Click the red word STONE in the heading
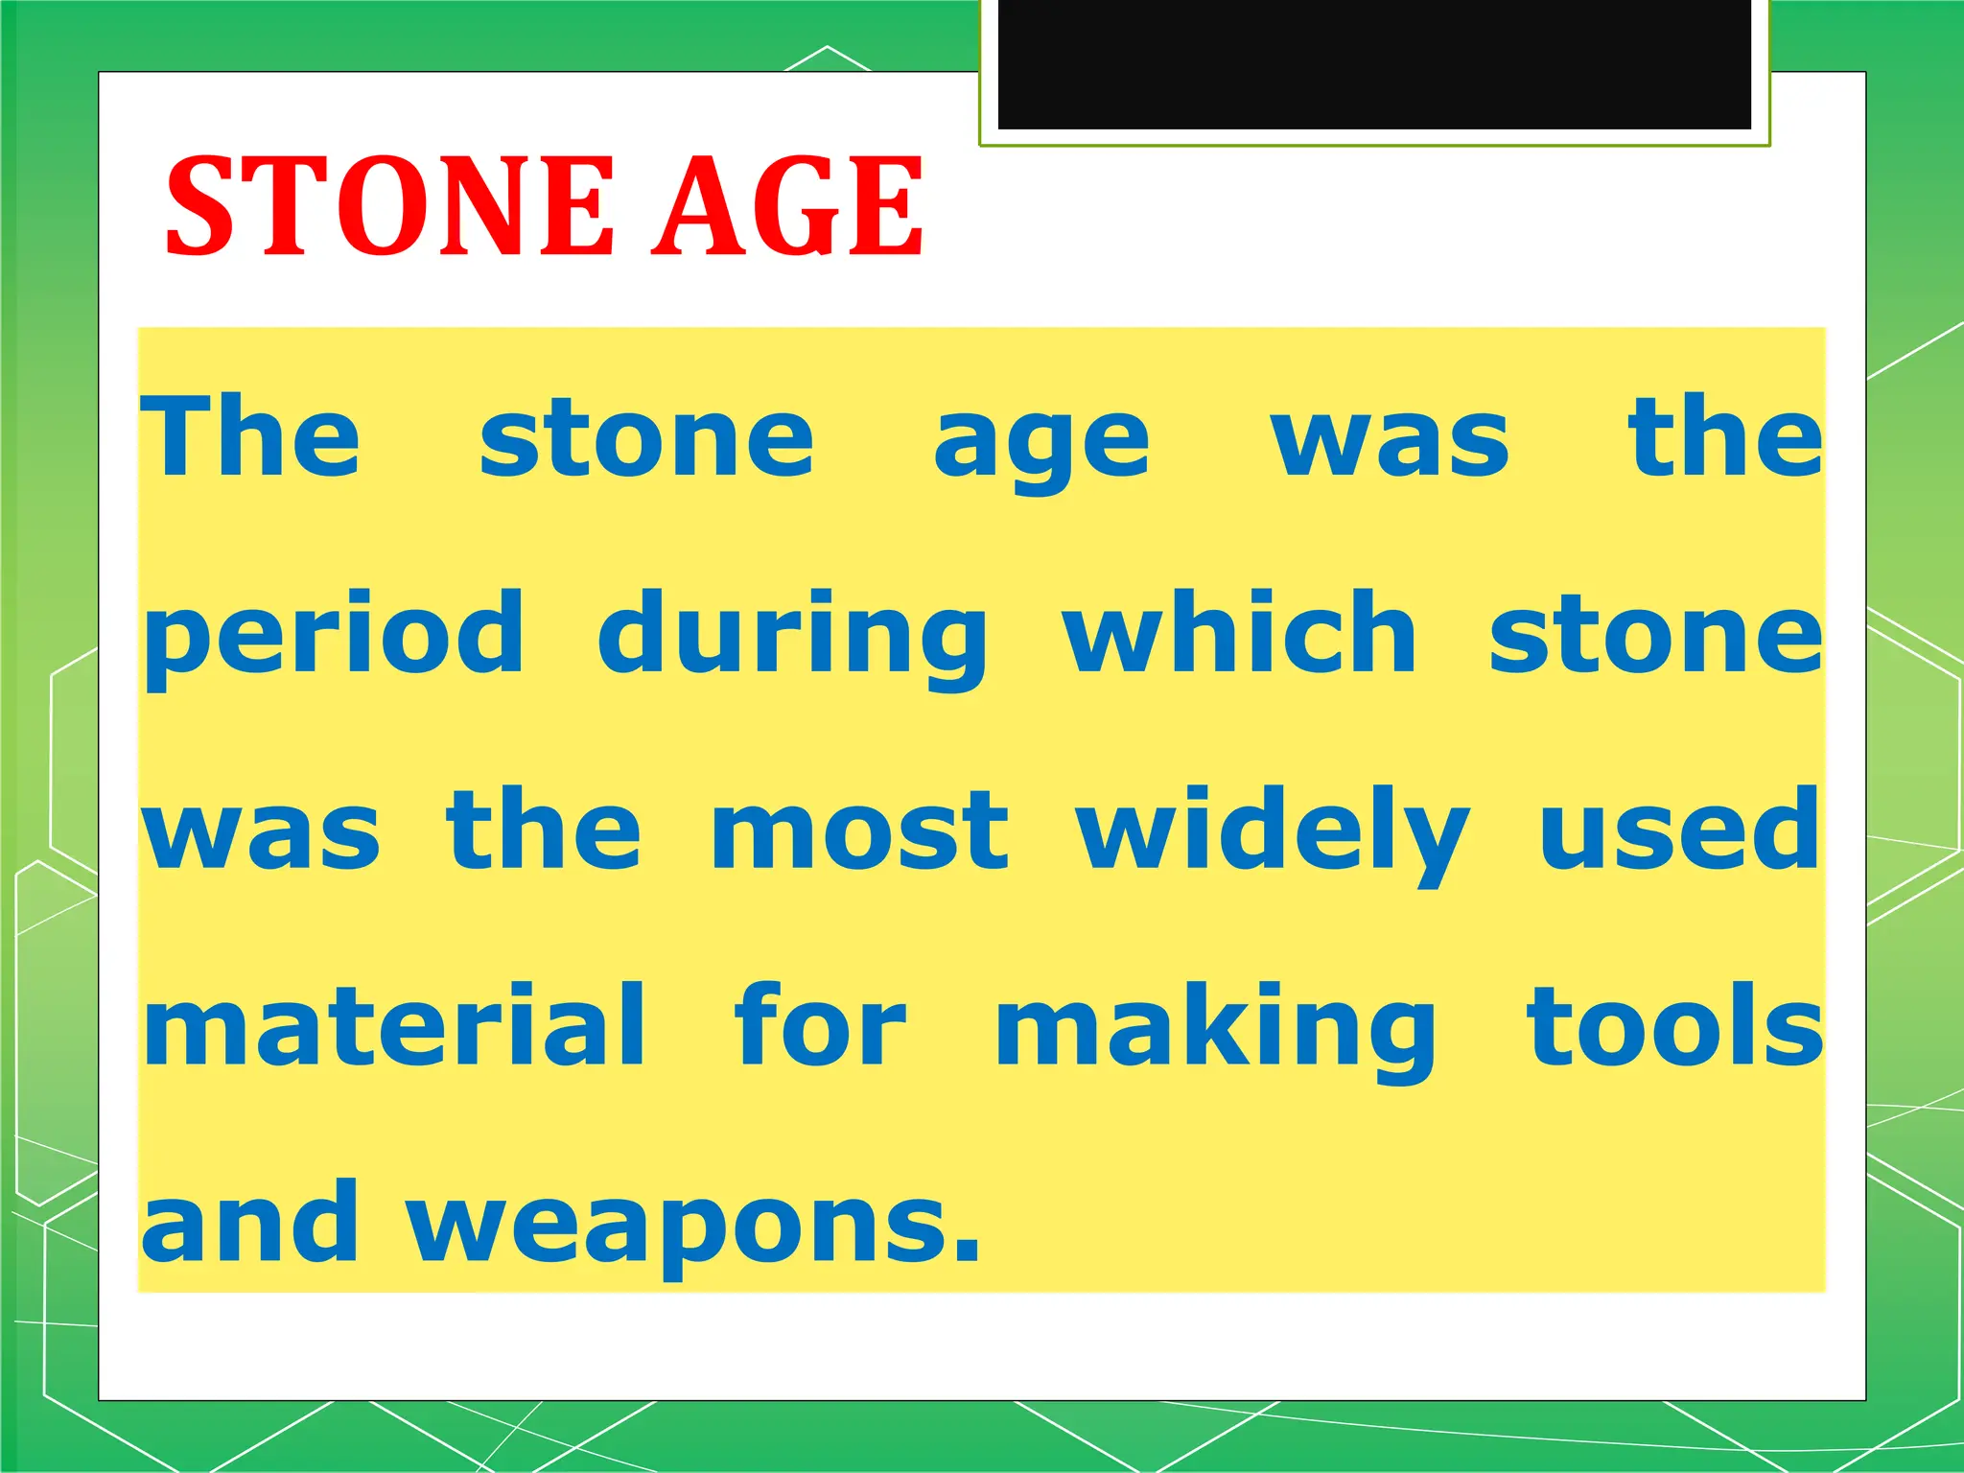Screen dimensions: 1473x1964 point(389,206)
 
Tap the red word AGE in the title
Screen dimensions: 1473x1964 point(786,206)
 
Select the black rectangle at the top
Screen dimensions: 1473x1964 point(1374,63)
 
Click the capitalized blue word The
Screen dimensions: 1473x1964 point(251,436)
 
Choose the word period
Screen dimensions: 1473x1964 point(334,638)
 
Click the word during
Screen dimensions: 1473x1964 point(792,638)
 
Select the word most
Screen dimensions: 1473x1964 point(859,831)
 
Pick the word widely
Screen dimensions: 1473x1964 point(1272,831)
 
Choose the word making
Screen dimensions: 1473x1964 point(1216,1031)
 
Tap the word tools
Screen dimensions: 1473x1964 point(1674,1025)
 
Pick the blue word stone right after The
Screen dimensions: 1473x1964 point(646,440)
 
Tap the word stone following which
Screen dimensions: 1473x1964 point(1655,636)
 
